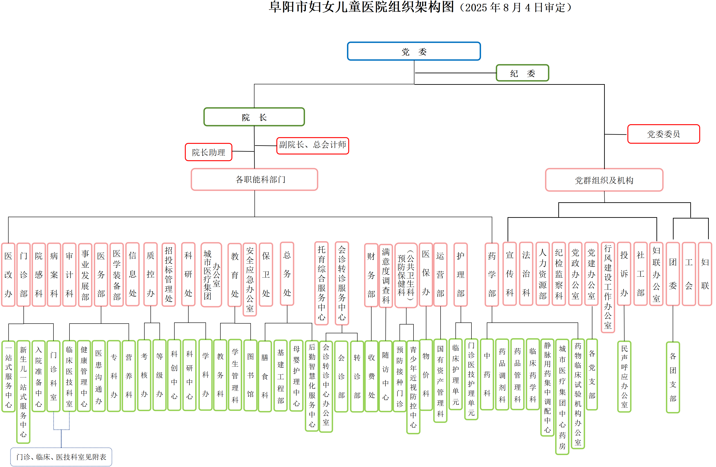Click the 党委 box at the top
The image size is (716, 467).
coord(414,51)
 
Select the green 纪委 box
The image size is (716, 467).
coord(522,73)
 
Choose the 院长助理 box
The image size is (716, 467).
coord(208,152)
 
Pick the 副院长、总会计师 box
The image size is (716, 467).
coord(313,145)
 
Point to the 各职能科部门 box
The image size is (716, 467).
coord(254,179)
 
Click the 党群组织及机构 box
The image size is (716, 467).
coord(604,180)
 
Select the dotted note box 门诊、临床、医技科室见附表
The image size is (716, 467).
coord(61,457)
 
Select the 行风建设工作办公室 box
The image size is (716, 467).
coord(608,287)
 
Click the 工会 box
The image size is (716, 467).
coord(689,274)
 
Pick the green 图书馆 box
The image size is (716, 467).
coord(250,375)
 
